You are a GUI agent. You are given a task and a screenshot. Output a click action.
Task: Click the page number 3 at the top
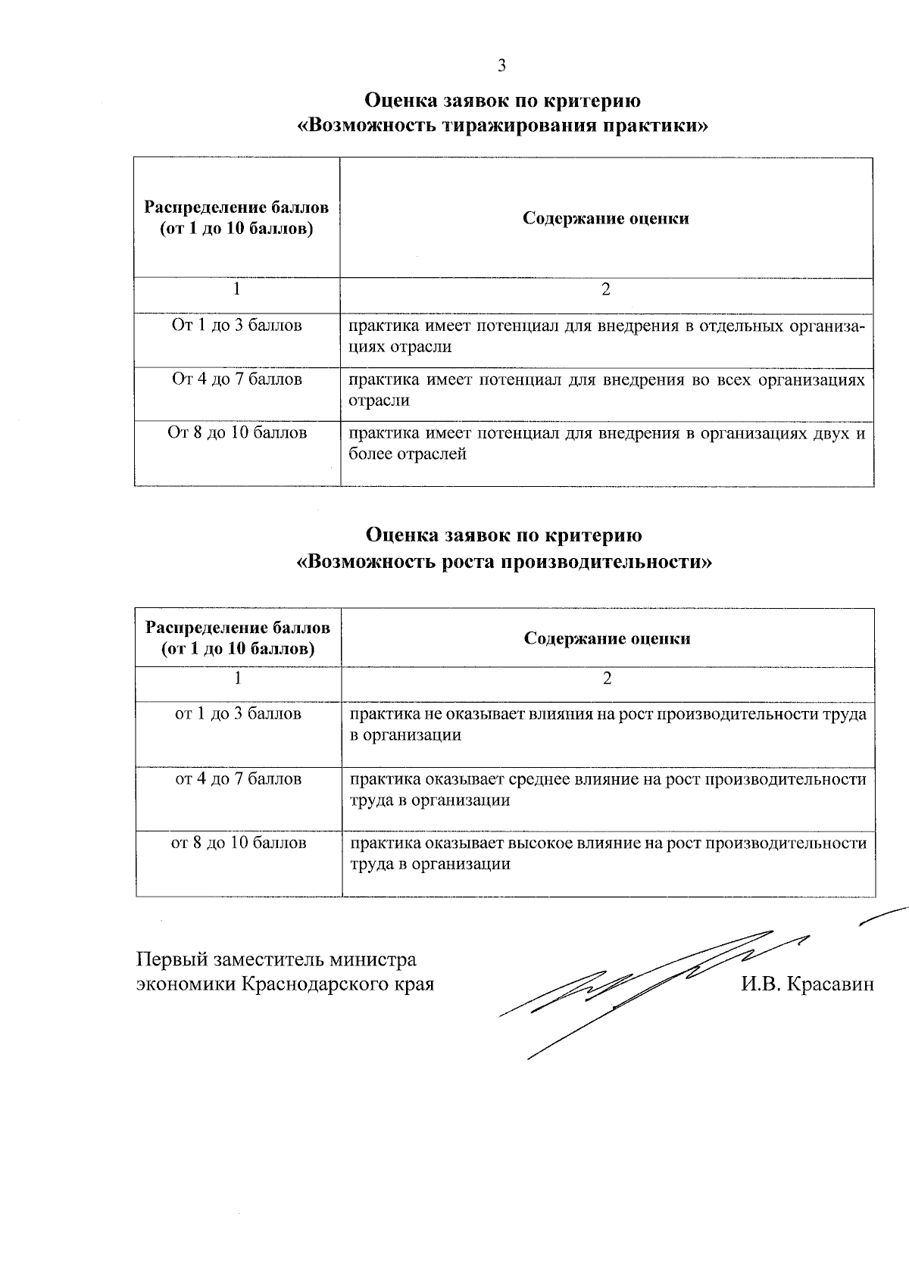pos(501,66)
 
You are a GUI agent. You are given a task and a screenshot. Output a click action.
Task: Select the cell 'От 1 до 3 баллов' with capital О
pos(237,326)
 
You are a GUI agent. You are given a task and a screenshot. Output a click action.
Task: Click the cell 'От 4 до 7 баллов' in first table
pos(237,379)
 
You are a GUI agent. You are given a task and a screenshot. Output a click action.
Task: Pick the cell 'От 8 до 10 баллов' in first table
pos(237,433)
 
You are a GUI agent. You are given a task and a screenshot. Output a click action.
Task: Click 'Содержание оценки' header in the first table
pos(606,219)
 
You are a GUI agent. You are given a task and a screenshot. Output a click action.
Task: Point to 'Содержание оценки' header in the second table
pos(607,638)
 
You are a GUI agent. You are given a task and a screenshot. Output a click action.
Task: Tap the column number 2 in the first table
pos(605,290)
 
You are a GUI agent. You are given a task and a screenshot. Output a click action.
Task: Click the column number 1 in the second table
pos(238,678)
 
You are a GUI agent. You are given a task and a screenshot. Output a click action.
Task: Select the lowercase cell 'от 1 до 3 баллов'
pos(238,714)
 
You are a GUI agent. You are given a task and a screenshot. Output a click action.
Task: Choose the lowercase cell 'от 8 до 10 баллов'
pos(238,843)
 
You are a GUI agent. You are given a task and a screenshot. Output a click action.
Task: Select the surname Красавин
pos(831,984)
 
